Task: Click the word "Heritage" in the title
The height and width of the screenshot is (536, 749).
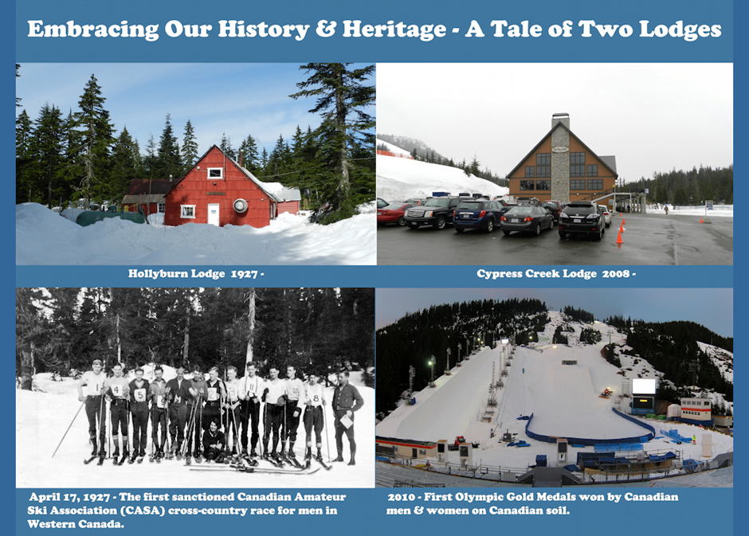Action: pyautogui.click(x=394, y=30)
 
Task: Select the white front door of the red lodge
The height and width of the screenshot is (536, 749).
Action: pyautogui.click(x=213, y=215)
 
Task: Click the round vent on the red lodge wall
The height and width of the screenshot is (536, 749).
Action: pyautogui.click(x=241, y=205)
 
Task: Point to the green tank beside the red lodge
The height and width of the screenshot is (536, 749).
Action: pyautogui.click(x=111, y=217)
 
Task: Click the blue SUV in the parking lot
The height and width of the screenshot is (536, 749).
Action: pyautogui.click(x=479, y=215)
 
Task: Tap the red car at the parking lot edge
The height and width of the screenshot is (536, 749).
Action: pyautogui.click(x=392, y=213)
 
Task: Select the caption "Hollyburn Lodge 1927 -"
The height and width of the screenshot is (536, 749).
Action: pyautogui.click(x=196, y=274)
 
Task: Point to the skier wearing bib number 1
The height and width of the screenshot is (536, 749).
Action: pyautogui.click(x=94, y=410)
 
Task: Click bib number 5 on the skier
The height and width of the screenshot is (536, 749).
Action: pyautogui.click(x=139, y=395)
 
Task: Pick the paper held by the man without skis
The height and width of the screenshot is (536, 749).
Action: pyautogui.click(x=347, y=421)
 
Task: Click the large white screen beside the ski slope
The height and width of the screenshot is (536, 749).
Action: pyautogui.click(x=644, y=386)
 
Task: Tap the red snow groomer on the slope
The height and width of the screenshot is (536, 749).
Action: pyautogui.click(x=606, y=393)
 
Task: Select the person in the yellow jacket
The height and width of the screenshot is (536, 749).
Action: pyautogui.click(x=693, y=438)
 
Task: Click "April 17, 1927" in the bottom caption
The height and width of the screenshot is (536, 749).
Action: pyautogui.click(x=70, y=497)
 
